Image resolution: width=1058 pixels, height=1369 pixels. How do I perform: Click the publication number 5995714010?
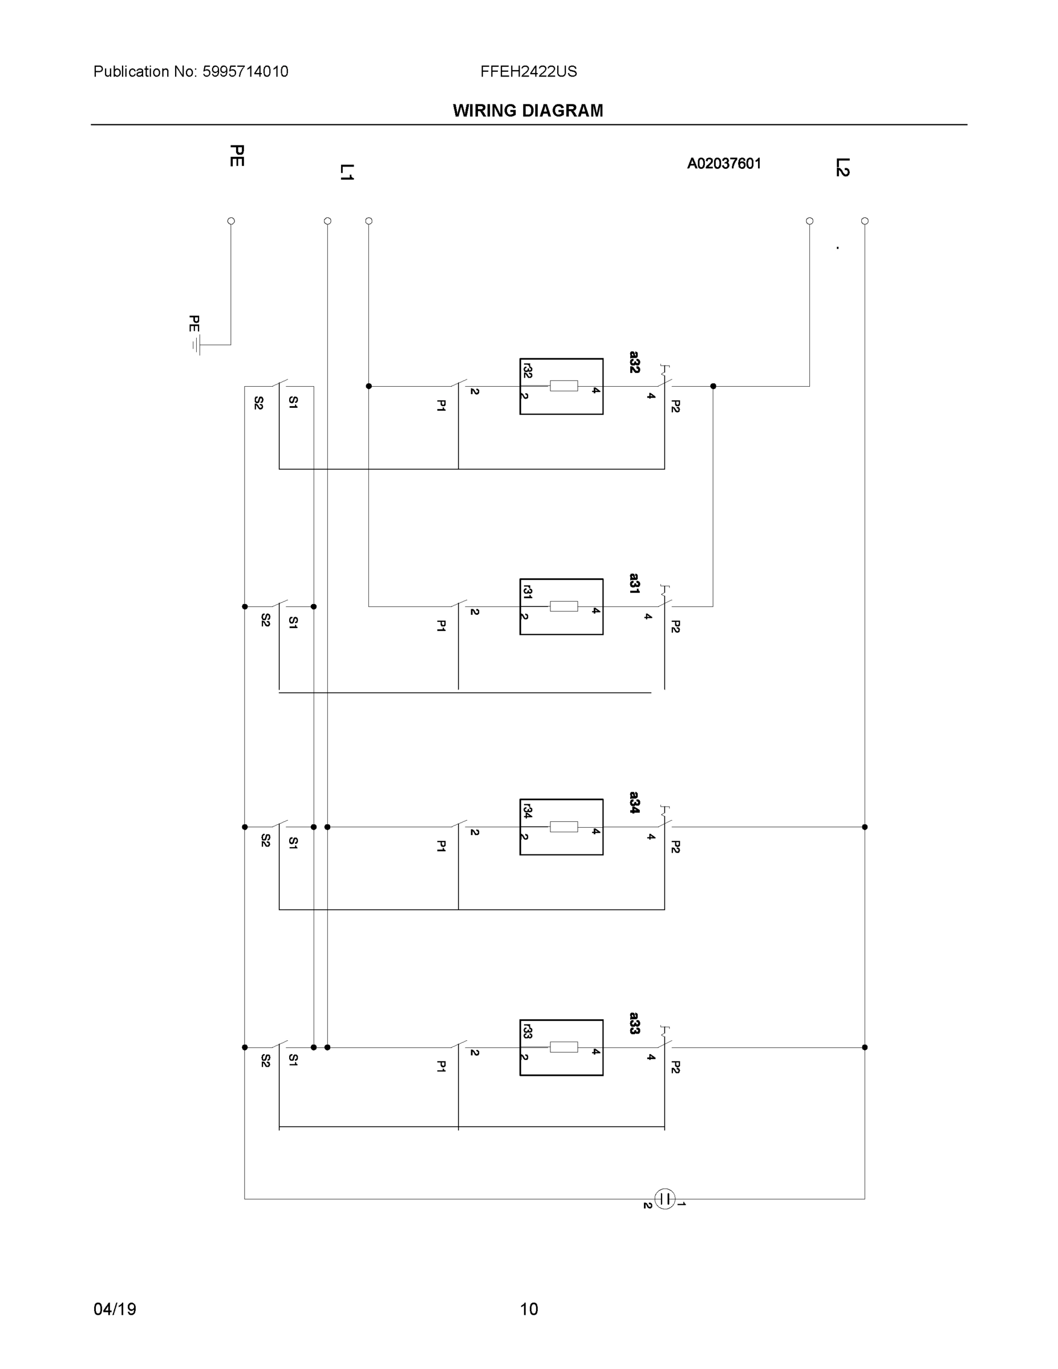(245, 71)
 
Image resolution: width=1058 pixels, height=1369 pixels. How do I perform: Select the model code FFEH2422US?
(528, 71)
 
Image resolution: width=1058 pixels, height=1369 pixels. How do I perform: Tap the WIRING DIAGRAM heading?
(528, 111)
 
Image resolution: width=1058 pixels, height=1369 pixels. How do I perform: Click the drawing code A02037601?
(724, 164)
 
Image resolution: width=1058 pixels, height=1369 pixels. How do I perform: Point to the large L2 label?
(842, 167)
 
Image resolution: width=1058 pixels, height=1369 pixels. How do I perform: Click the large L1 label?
(347, 172)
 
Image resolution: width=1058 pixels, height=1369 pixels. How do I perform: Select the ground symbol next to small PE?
(196, 345)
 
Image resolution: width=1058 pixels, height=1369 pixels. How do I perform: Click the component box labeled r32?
(561, 386)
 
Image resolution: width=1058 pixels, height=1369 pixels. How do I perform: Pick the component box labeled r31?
(561, 606)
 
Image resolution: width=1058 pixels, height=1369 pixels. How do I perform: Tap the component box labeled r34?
(561, 827)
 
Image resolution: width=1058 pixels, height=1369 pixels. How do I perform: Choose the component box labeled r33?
(561, 1047)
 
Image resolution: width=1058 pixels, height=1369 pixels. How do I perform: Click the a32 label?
(634, 362)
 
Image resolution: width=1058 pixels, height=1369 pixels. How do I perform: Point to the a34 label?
(634, 803)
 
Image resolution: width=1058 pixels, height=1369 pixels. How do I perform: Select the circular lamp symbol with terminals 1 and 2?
(664, 1198)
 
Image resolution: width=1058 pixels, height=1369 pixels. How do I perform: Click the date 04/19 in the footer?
(115, 1309)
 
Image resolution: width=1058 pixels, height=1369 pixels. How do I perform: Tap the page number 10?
(528, 1309)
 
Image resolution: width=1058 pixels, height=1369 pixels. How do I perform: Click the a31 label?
(634, 583)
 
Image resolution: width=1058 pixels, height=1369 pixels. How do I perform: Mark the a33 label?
(634, 1023)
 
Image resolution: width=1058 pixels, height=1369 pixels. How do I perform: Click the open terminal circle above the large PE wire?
(230, 221)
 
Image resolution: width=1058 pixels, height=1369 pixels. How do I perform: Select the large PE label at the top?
(236, 156)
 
